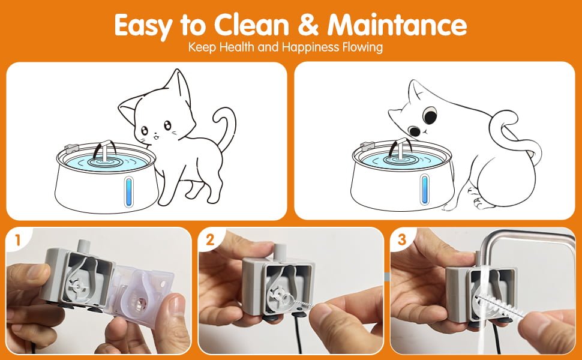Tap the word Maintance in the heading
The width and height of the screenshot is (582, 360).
(x=397, y=25)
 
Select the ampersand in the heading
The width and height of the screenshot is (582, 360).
(x=310, y=25)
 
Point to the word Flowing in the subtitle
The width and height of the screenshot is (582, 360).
(x=362, y=47)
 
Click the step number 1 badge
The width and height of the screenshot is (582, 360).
(x=18, y=241)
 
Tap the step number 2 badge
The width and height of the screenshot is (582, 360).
(x=211, y=241)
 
